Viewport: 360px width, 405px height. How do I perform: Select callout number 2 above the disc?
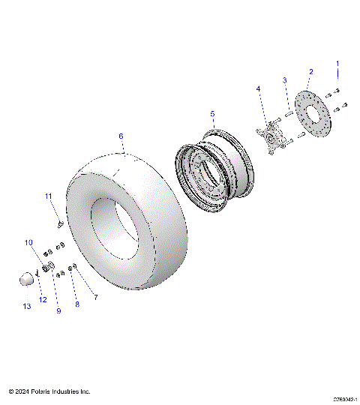[x=310, y=72]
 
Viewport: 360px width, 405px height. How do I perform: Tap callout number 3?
[x=284, y=80]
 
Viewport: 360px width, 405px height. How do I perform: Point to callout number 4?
[x=259, y=88]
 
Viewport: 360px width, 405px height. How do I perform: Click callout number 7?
[x=95, y=298]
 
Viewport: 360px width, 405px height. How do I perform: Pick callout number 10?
[x=28, y=242]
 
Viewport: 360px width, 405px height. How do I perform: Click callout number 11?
[x=47, y=196]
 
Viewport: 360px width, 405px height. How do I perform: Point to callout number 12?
[x=43, y=300]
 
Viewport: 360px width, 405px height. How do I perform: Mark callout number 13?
[x=28, y=307]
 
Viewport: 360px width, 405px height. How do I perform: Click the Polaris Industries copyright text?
[x=49, y=391]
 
